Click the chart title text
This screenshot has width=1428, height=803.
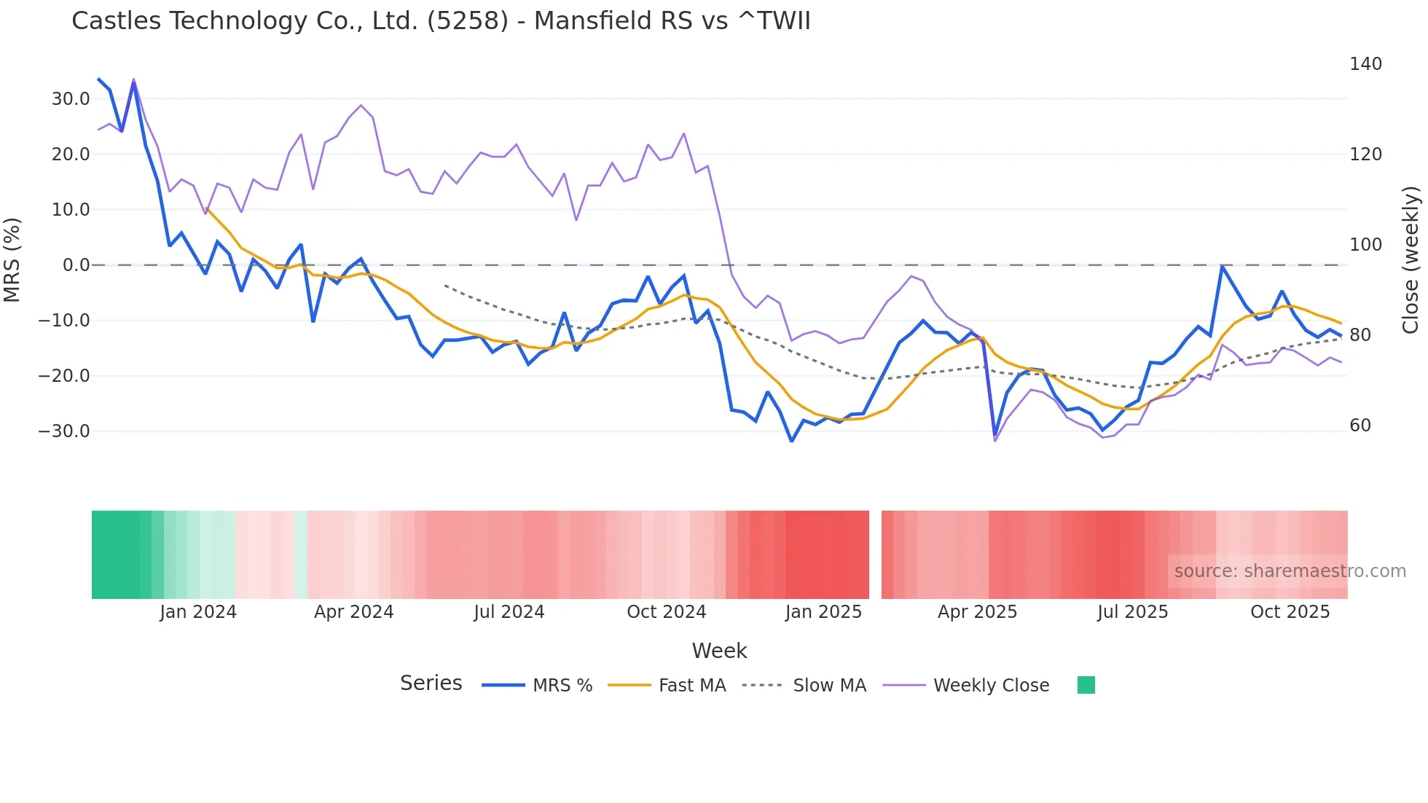click(x=441, y=21)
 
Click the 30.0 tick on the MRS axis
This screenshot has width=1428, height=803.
click(x=71, y=99)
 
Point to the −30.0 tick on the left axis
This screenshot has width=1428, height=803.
click(x=64, y=431)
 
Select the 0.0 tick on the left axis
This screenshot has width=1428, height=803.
click(x=76, y=265)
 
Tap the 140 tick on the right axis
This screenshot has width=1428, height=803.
click(x=1365, y=64)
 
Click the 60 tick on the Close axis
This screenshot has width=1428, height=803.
click(x=1360, y=426)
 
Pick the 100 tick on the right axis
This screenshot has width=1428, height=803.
click(x=1365, y=245)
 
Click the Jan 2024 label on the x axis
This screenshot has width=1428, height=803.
click(x=198, y=612)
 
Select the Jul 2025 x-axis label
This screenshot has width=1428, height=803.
click(x=1132, y=612)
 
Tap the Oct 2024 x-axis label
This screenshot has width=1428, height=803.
click(x=667, y=612)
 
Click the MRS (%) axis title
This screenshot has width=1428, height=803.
click(x=12, y=259)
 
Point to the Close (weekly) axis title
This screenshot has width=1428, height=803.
click(x=1411, y=259)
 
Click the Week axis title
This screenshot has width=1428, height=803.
click(x=719, y=651)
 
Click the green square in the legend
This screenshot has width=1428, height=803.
click(x=1086, y=685)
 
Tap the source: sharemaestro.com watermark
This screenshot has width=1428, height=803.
click(x=1290, y=571)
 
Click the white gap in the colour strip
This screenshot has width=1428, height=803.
click(x=875, y=555)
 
